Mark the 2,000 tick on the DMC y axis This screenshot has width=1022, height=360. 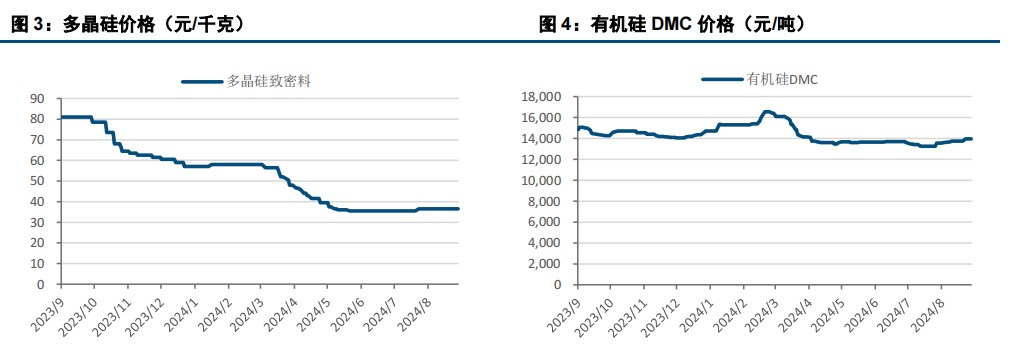[548, 264]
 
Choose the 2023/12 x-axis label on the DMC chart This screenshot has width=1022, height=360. [661, 313]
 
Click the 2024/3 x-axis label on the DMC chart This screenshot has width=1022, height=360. [761, 311]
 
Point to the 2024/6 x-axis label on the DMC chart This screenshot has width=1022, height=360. [861, 311]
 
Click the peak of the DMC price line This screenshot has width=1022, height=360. [767, 112]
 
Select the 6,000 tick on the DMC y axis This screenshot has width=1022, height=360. [548, 222]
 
